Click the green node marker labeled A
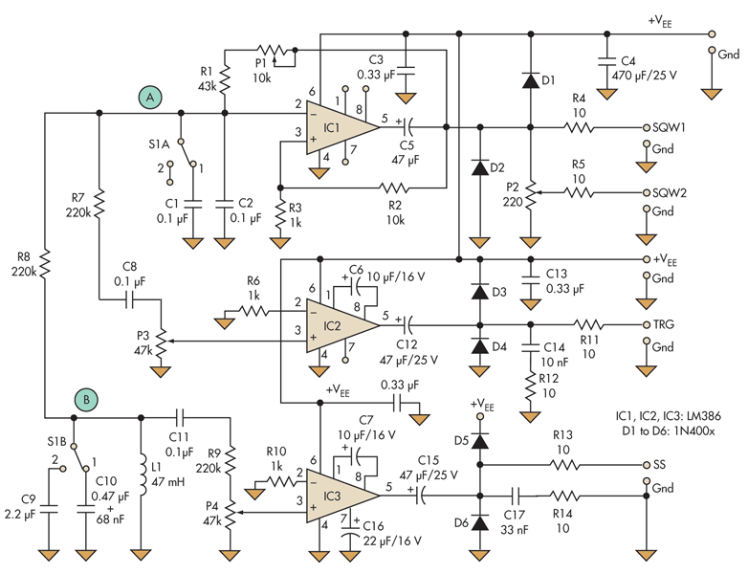point(148,96)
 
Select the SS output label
point(661,465)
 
